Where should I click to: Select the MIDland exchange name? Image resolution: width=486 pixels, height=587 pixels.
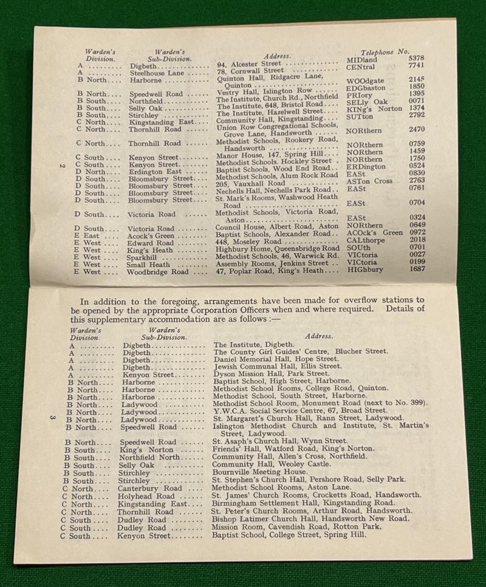point(362,60)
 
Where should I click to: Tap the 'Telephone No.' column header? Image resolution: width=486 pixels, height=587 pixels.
point(385,52)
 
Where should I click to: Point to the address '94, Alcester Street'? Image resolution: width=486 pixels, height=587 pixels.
point(249,64)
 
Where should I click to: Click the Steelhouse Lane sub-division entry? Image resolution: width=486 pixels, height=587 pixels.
point(157,73)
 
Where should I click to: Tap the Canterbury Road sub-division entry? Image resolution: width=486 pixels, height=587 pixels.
point(151,488)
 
